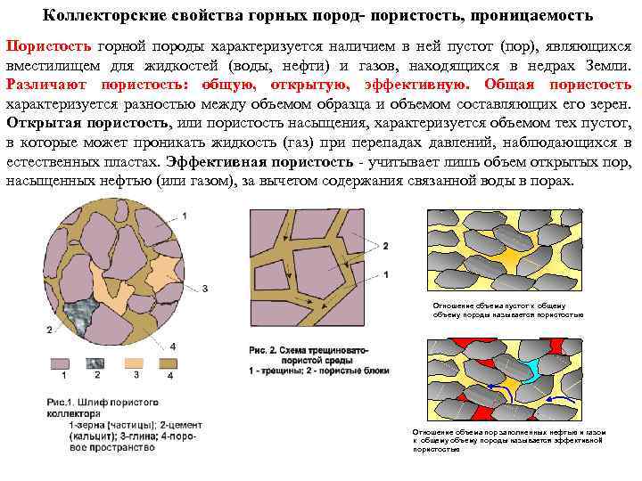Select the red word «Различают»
pos(44,85)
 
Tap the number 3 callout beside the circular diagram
pos(204,288)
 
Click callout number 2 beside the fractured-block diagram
pos(385,244)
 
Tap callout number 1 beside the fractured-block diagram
pos(385,274)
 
